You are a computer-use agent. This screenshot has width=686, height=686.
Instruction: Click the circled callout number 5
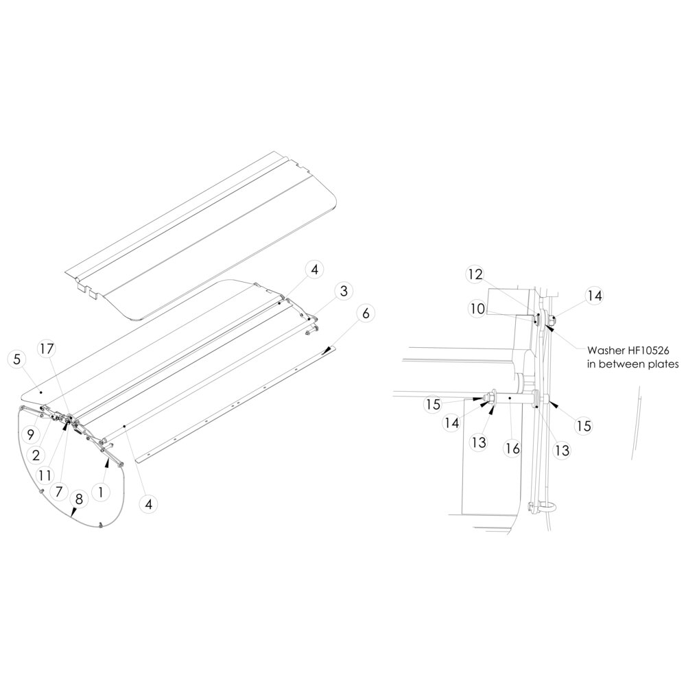[17, 359]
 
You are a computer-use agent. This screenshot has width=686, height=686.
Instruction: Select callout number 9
[30, 435]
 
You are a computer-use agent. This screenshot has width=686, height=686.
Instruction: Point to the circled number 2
[36, 455]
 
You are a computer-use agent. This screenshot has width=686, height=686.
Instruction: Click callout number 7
[59, 491]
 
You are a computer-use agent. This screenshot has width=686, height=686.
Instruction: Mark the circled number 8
[79, 499]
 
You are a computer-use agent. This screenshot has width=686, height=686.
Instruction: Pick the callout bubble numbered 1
[101, 492]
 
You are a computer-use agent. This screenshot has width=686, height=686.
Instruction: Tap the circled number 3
[344, 291]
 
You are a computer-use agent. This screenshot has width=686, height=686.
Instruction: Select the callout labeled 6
[366, 314]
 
